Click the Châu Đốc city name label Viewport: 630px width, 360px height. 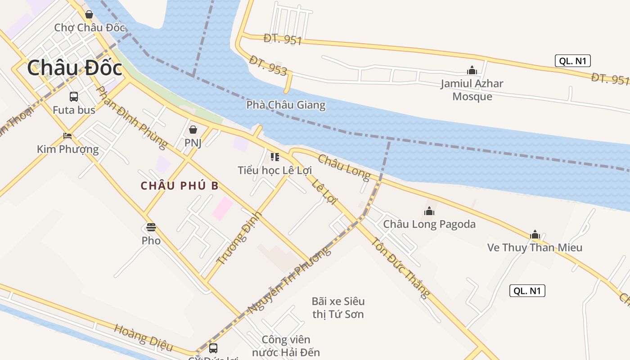click(x=75, y=68)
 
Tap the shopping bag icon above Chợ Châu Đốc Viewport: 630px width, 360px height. click(x=89, y=14)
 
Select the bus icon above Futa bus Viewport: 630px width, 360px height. click(x=73, y=96)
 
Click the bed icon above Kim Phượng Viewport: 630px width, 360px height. click(x=67, y=135)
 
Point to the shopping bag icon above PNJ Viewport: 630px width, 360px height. click(x=193, y=130)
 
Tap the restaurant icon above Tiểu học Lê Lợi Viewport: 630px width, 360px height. click(x=274, y=157)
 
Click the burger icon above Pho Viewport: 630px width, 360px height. click(x=151, y=227)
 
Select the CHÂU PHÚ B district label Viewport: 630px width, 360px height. click(x=180, y=186)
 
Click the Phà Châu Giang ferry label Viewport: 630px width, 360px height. click(x=286, y=105)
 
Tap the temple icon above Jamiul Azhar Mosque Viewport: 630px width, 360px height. click(x=472, y=70)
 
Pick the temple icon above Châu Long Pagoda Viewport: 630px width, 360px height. click(x=429, y=211)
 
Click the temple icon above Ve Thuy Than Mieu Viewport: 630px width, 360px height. click(x=535, y=234)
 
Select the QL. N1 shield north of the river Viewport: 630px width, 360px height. click(x=572, y=61)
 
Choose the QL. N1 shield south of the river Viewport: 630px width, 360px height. click(x=527, y=291)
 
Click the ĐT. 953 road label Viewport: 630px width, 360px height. click(x=268, y=66)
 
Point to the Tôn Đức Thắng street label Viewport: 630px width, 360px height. click(x=399, y=267)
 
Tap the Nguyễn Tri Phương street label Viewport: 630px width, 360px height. click(x=290, y=279)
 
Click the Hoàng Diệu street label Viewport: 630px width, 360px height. click(x=144, y=337)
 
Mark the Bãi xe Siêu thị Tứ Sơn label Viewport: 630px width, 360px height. click(x=338, y=307)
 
